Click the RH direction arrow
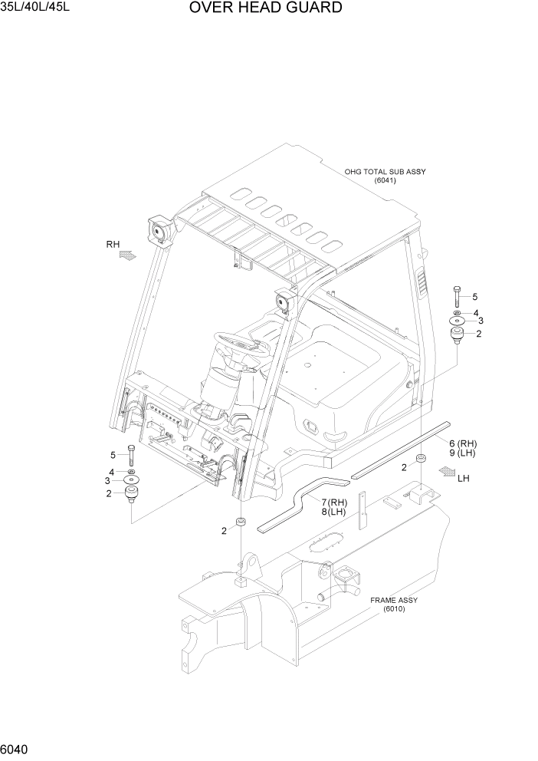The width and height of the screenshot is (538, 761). point(125,258)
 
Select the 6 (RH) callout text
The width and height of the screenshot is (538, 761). point(463,443)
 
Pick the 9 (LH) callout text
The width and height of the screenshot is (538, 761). point(463,454)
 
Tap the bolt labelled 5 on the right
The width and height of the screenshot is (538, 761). point(457,295)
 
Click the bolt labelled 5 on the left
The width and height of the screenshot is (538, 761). point(133,454)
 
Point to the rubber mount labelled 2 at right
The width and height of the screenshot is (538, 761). point(458,334)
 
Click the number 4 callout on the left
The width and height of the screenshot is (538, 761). point(112,472)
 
